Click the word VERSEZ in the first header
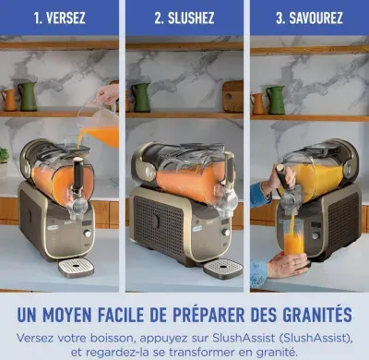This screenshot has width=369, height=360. coord(65,18)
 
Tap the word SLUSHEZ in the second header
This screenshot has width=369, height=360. coord(191,18)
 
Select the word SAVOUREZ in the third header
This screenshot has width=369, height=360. coord(315,18)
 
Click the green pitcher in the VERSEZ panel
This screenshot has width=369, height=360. coord(28,97)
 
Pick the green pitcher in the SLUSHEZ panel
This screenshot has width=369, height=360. coord(141,98)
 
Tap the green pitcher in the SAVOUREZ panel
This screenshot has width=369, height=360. coord(276,100)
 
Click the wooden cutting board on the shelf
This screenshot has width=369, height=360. coord(232,97)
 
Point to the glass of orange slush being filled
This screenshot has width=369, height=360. coord(293,237)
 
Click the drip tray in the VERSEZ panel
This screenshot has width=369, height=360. coord(76,268)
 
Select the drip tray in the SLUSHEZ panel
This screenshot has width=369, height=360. coord(223,269)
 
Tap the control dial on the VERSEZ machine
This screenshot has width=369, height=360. coord(88,234)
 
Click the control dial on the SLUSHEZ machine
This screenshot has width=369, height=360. coord(226,233)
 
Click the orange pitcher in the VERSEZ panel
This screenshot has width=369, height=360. coord(9,100)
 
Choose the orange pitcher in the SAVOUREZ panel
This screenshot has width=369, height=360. coord(257,103)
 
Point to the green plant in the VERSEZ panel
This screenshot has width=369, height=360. coord(4,155)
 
